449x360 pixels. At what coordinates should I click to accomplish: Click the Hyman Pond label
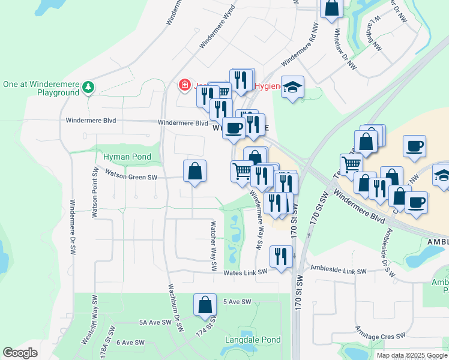click(x=127, y=157)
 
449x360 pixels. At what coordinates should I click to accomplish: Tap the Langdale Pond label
click(x=253, y=340)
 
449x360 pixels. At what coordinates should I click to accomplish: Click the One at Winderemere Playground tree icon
click(x=88, y=88)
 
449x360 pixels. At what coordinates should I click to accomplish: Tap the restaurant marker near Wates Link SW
click(x=281, y=256)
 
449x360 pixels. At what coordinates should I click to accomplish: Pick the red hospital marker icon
click(x=184, y=85)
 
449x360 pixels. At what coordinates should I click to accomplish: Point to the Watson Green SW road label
click(x=131, y=177)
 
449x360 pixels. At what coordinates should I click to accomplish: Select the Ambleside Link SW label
click(x=337, y=271)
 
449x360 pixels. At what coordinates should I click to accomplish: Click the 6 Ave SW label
click(x=131, y=343)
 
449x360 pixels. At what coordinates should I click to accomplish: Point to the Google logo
click(x=20, y=353)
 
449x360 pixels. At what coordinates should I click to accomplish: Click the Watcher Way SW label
click(x=212, y=247)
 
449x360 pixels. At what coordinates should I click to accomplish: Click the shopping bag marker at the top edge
click(x=331, y=8)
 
